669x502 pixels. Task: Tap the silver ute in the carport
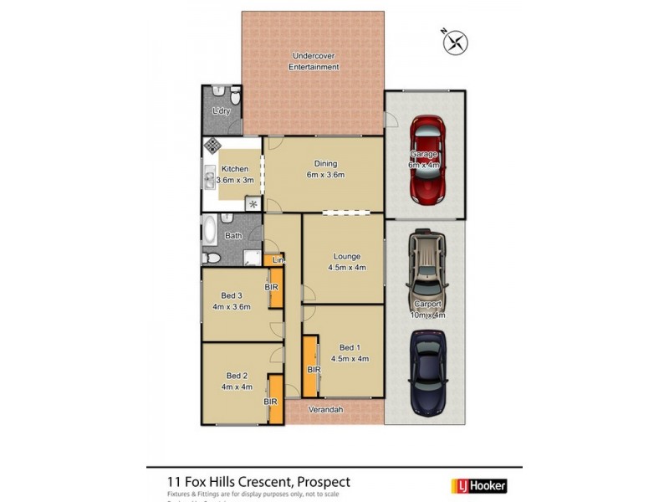point(426,272)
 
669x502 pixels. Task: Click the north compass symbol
point(457,42)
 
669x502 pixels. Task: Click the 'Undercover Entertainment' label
point(314,61)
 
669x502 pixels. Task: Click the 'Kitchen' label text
point(234,169)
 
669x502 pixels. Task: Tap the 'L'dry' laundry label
point(221,111)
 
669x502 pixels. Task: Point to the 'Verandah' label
point(324,411)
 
